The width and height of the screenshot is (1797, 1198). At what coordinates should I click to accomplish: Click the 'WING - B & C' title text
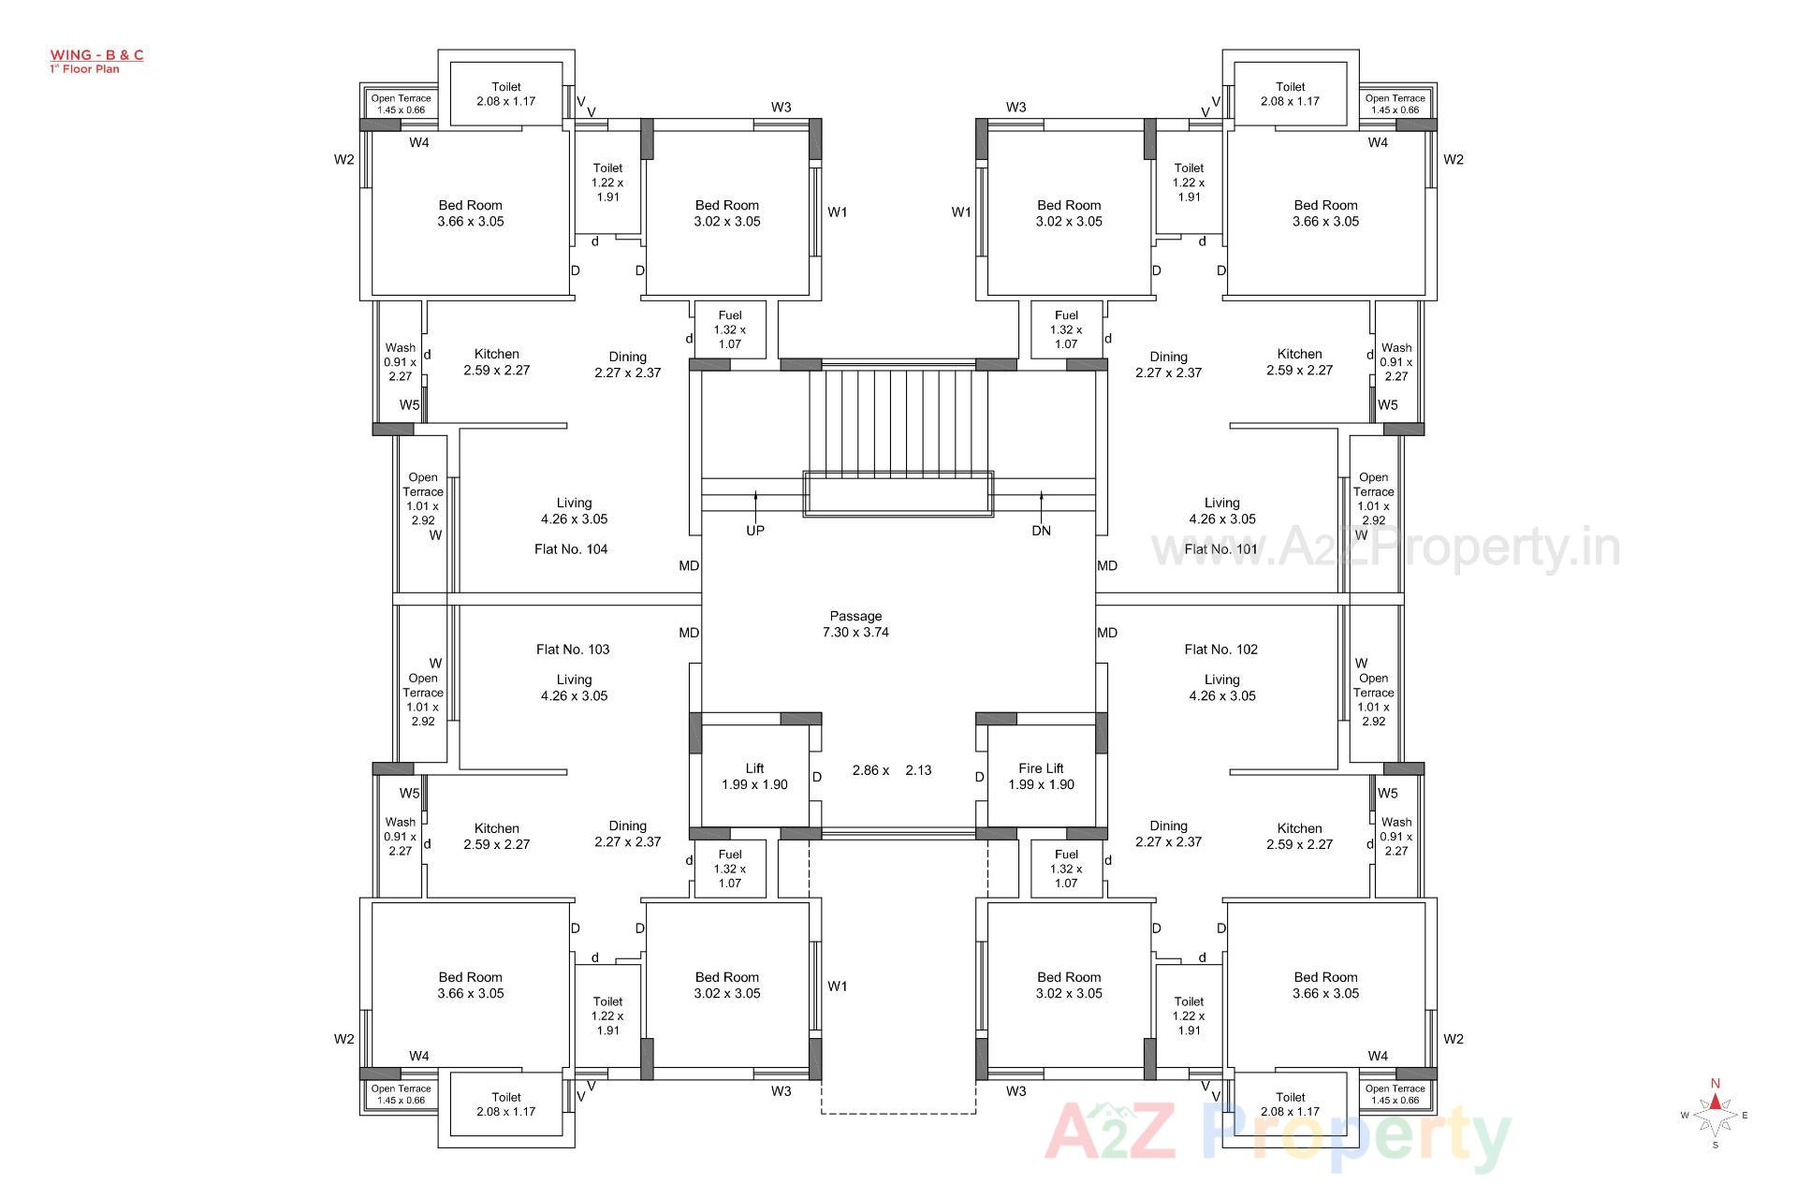coord(96,55)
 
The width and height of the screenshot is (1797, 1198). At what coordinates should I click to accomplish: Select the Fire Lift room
coord(1041,776)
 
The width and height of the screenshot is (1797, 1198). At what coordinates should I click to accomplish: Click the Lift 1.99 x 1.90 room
coord(754,776)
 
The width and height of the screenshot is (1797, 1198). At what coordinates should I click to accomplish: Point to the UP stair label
coord(755,531)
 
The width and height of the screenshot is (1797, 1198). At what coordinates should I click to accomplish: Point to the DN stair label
coord(1041,531)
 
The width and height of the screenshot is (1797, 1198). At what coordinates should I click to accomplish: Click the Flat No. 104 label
coord(571,549)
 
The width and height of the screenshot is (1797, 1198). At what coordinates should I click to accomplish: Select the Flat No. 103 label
coord(573,650)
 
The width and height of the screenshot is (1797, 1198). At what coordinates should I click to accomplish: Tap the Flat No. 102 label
coord(1220,650)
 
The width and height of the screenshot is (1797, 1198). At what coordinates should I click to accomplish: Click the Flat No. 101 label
coord(1220,549)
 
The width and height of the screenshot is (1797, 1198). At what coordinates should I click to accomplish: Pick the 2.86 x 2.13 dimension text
coord(891,770)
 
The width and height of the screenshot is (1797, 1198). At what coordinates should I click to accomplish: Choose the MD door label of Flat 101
coord(1107,565)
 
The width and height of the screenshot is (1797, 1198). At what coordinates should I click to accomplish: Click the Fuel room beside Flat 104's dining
coord(730,329)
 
